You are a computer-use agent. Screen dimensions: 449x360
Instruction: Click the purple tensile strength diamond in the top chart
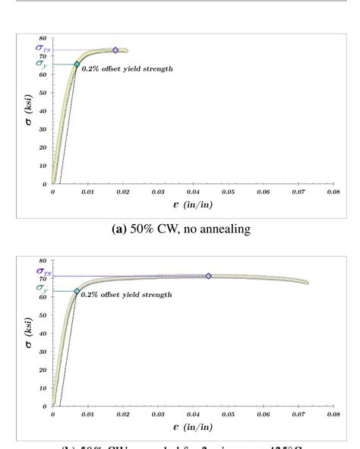(115, 50)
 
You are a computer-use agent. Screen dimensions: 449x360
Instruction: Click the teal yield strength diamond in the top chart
(77, 65)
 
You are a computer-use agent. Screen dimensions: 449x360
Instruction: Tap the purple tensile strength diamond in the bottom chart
(209, 276)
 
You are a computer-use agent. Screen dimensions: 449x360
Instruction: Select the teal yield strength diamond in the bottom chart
(77, 291)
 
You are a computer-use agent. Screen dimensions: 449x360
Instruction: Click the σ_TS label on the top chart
(43, 49)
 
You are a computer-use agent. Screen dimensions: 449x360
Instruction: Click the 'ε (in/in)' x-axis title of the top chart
(192, 205)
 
